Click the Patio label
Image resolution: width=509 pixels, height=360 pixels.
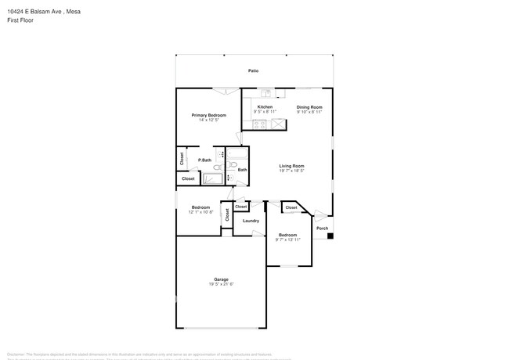pos(253,71)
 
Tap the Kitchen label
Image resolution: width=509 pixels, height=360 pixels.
pos(265,106)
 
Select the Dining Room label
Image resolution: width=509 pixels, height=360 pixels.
pos(309,106)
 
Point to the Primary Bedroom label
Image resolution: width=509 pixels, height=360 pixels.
pos(209,115)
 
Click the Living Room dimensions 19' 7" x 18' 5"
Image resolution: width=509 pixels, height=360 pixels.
pos(292,171)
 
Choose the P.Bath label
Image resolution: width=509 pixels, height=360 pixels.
pos(204,160)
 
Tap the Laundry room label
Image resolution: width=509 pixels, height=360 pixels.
pos(251,221)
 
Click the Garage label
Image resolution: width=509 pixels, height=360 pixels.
pos(222,279)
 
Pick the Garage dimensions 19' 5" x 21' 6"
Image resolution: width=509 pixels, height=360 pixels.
pos(222,284)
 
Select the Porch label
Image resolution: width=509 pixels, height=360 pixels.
pos(322,229)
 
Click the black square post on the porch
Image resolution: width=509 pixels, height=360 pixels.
pos(330,236)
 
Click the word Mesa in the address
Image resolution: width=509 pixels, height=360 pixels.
pos(74,12)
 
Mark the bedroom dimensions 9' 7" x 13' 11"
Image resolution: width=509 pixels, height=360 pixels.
pos(287,239)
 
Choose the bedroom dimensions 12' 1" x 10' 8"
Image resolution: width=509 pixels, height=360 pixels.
pos(201,212)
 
